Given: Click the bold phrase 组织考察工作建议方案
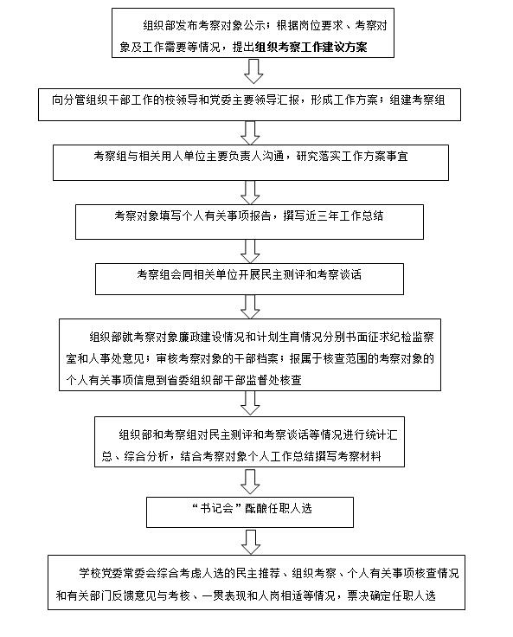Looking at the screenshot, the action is tap(311, 47).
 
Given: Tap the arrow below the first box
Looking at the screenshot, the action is tap(253, 71).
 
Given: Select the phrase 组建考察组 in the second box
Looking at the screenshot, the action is tap(417, 100).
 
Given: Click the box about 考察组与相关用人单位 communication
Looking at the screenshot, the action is tap(251, 163).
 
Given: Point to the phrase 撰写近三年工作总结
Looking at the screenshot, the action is tap(333, 216).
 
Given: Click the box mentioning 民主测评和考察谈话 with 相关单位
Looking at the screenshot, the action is tap(249, 279).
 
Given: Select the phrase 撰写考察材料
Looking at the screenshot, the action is tap(349, 456).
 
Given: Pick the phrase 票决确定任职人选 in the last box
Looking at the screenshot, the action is tap(392, 595).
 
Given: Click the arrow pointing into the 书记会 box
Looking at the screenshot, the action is tap(250, 482).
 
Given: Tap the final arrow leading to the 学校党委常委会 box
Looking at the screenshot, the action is tap(251, 542).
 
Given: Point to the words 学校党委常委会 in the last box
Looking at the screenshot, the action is tap(118, 573).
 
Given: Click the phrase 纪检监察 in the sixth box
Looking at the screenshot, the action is tap(412, 337).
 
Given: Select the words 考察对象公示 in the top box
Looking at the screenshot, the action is tap(233, 25).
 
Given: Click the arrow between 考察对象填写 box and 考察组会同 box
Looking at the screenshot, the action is tap(250, 251).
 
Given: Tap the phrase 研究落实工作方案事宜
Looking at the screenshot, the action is tap(352, 157).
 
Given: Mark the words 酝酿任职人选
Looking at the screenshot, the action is tap(279, 508).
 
